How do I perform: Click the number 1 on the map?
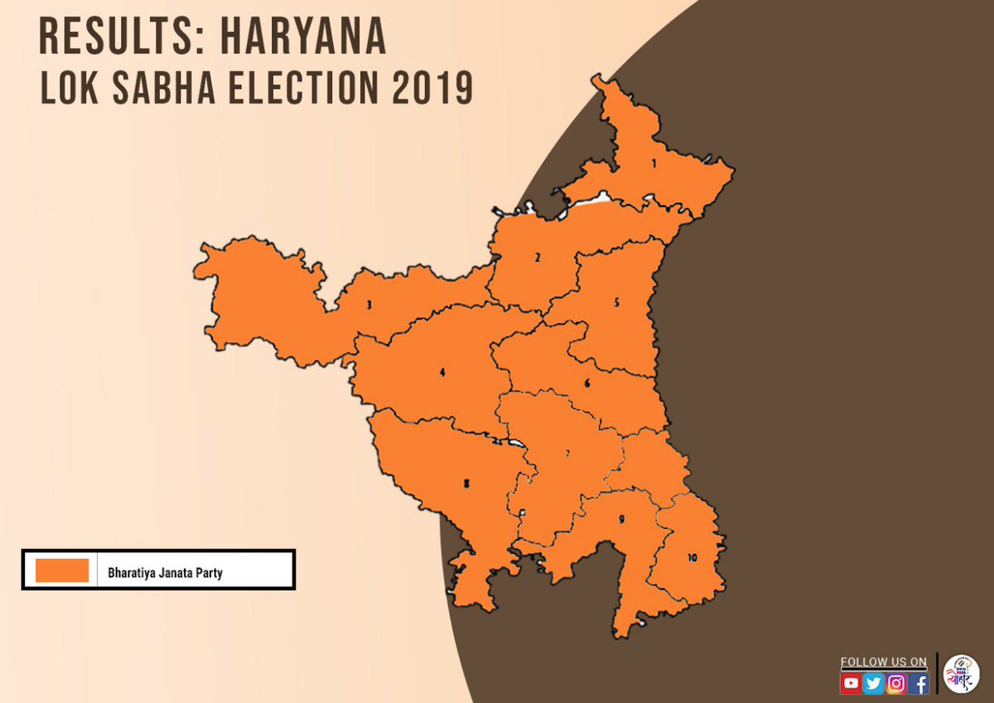point(654,164)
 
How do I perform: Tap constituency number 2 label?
point(538,258)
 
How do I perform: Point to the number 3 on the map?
point(369,305)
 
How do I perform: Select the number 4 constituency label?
point(443,373)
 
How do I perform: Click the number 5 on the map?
point(616,303)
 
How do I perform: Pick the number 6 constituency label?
point(586,383)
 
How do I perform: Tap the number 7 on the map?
point(567,454)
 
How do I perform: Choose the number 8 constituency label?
point(466,484)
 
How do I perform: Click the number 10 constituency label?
point(692,558)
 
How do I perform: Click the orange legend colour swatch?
point(62,571)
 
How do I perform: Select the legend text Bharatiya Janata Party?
point(165,572)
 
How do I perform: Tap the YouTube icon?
point(851,684)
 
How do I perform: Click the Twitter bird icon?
point(873,684)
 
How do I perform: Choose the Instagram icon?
point(895,684)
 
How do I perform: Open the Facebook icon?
point(918,684)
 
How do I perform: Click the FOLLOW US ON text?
point(883,662)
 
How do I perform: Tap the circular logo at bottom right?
point(962,673)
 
